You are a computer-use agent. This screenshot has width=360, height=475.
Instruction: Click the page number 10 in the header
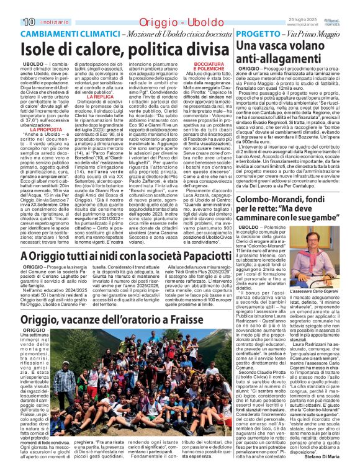(x=11, y=6)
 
